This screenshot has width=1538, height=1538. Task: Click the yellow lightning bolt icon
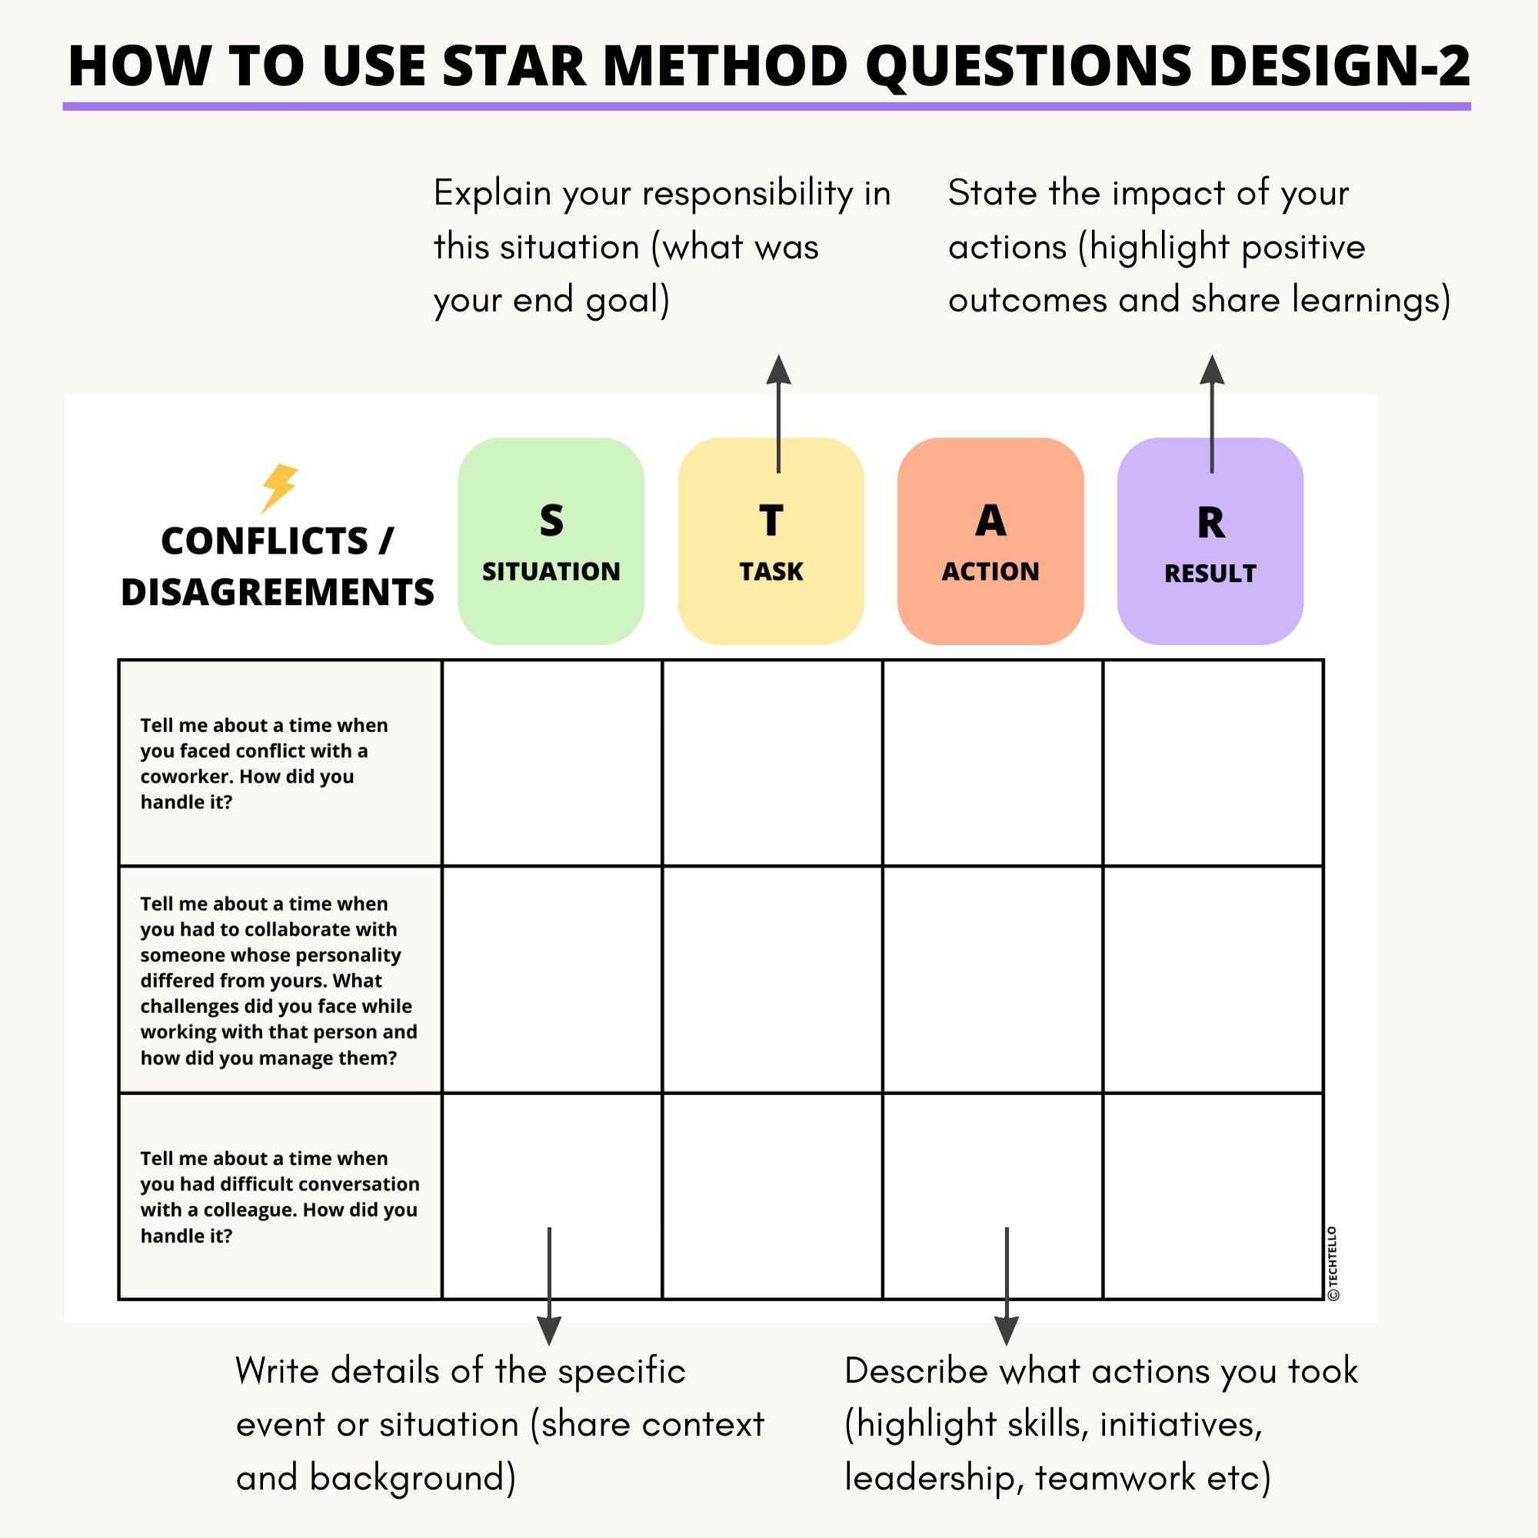pos(279,488)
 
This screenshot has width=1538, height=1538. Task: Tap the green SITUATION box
pos(551,541)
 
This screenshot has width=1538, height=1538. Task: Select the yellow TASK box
pos(771,541)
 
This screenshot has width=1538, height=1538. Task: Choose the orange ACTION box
pos(990,541)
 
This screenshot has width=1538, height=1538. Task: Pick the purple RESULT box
pos(1210,541)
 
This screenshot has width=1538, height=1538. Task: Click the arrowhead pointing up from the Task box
pos(778,370)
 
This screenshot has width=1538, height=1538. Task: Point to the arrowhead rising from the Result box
pos(1212,370)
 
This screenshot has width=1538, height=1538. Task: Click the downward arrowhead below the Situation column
pos(549,1329)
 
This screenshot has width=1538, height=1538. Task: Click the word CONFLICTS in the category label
pos(265,541)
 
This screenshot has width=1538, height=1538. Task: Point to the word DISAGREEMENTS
pos(278,592)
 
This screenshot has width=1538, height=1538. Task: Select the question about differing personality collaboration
pos(278,980)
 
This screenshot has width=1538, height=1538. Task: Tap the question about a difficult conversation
pos(279,1197)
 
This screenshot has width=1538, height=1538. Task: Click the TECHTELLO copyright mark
pos(1333,1263)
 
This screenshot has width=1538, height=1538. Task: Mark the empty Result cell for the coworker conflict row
pos(1213,763)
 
